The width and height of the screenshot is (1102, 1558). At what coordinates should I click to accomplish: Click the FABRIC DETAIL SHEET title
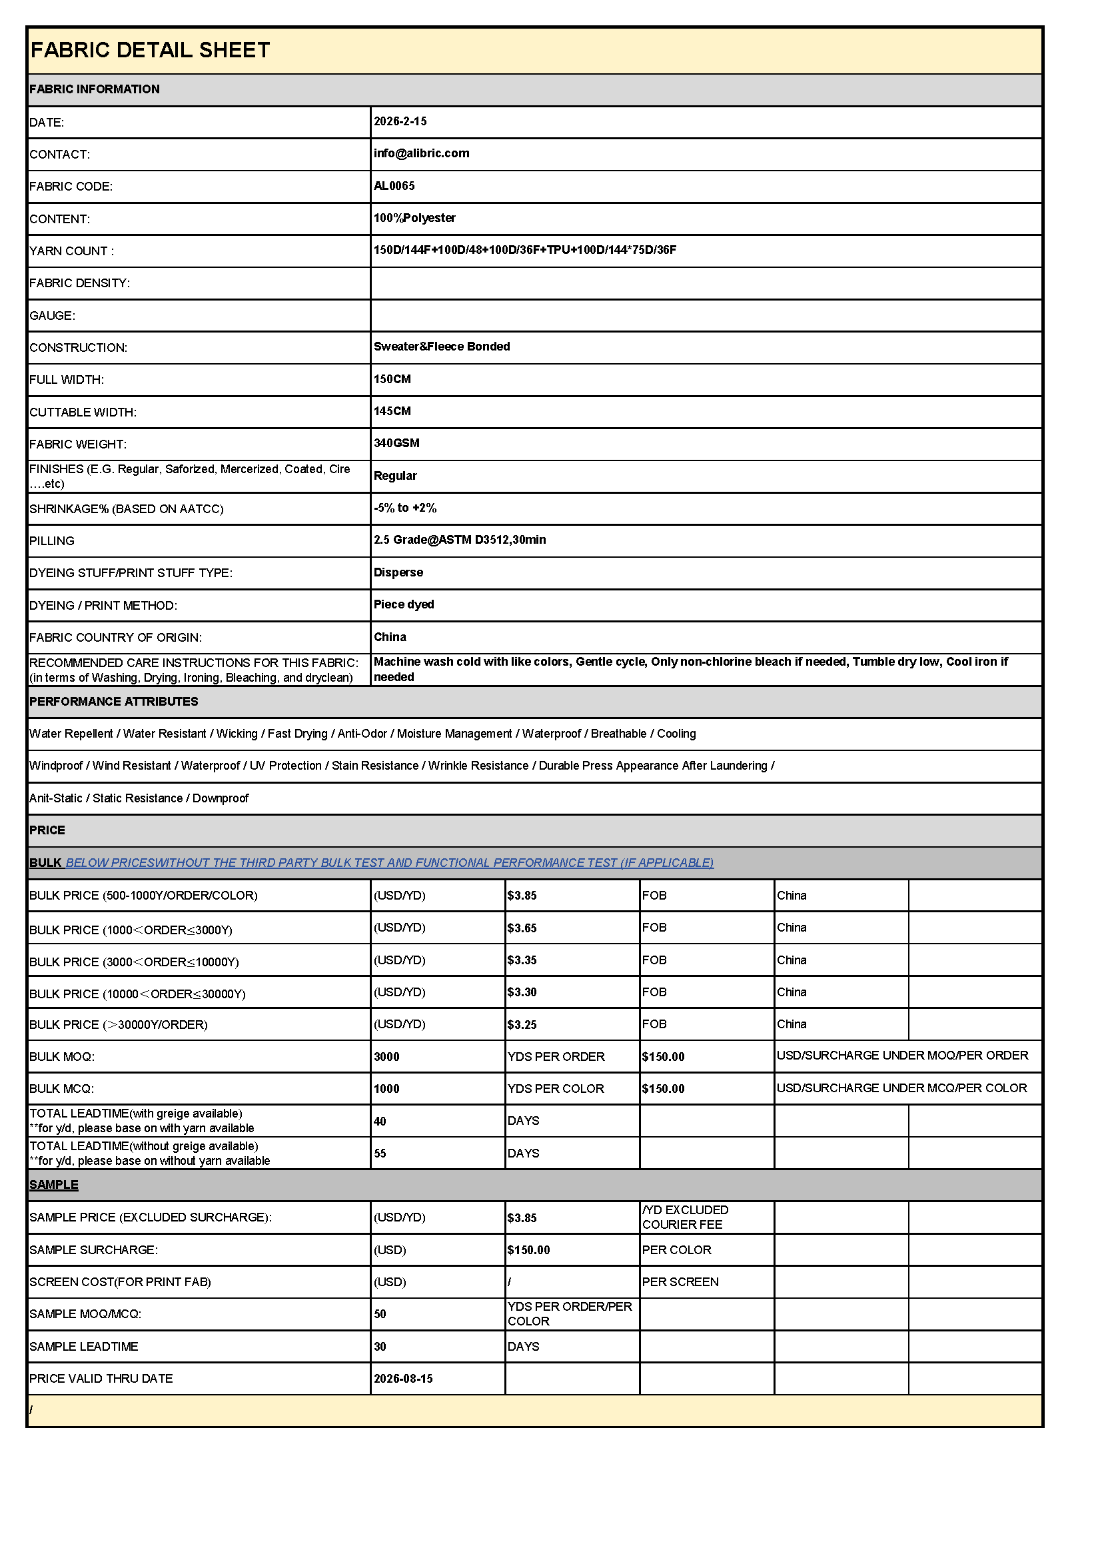150,50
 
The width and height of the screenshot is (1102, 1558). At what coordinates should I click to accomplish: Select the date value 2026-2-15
400,121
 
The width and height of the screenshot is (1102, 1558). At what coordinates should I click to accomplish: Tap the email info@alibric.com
420,153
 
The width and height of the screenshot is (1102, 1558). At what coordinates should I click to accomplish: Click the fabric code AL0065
394,186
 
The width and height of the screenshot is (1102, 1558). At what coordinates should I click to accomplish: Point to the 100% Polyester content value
414,218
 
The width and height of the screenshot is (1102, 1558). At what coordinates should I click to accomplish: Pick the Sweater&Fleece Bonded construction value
441,347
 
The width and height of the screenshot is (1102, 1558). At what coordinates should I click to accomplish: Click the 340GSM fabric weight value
396,443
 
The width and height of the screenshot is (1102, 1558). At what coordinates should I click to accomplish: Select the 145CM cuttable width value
392,411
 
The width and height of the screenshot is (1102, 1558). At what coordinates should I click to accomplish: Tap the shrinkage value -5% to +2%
404,508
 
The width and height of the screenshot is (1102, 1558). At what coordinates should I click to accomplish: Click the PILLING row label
51,541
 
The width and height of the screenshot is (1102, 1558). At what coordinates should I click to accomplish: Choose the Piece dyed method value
404,604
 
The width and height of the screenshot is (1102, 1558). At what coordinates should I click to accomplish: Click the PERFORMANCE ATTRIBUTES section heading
113,702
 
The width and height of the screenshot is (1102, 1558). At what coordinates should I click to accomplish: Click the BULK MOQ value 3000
386,1056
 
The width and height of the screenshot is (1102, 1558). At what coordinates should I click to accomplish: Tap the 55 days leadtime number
380,1154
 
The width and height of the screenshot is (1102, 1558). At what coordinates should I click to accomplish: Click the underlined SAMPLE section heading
53,1185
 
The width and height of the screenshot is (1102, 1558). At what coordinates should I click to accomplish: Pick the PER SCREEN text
680,1282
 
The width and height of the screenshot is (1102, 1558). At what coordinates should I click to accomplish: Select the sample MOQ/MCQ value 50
380,1314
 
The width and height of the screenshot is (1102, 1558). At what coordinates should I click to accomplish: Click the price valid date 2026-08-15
403,1378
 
